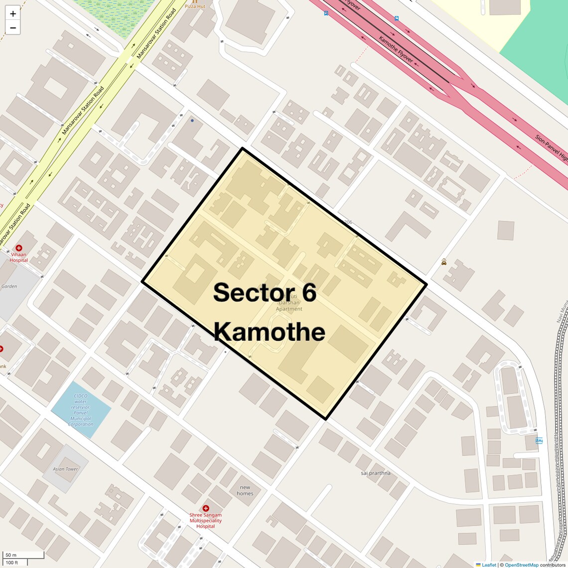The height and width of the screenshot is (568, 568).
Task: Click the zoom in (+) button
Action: point(13,14)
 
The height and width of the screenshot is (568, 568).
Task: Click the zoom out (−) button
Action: point(13,28)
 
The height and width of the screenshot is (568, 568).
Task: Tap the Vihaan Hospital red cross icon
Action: point(19,248)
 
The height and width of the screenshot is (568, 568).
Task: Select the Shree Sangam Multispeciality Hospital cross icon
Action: point(205,508)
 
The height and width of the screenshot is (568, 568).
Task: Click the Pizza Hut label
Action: point(195,6)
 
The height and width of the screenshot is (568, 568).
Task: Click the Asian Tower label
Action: point(65,469)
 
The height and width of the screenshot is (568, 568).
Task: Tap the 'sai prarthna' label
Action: point(376,473)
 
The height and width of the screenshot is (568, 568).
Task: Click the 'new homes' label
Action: point(245,490)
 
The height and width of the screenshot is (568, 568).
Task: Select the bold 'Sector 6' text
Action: point(265,292)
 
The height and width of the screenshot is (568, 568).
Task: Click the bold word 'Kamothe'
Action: point(270,331)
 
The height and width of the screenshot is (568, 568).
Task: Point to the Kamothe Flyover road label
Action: point(396,49)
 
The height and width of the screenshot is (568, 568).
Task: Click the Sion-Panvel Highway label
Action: point(551,148)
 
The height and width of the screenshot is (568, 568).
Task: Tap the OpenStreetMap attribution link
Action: point(521,565)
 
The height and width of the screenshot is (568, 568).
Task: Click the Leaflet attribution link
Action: point(489,565)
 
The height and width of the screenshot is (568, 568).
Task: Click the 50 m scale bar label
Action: point(11,555)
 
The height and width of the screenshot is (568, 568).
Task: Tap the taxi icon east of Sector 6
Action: point(443,262)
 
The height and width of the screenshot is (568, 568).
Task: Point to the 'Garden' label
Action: point(9,286)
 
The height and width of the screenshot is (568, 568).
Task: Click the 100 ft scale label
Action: point(12,563)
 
